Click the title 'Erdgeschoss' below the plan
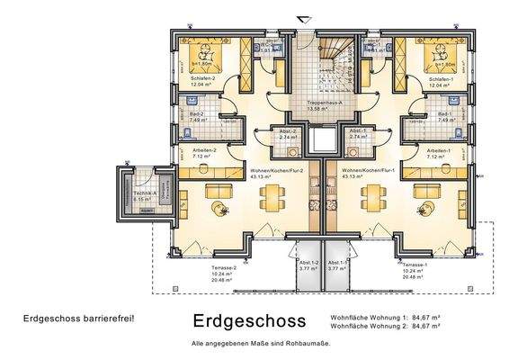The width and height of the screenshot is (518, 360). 249,321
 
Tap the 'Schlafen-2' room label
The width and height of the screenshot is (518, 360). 203,78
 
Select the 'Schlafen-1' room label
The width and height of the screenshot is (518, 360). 441,78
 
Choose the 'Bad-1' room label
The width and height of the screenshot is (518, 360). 444,116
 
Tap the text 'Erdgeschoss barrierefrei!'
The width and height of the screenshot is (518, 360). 79,319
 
